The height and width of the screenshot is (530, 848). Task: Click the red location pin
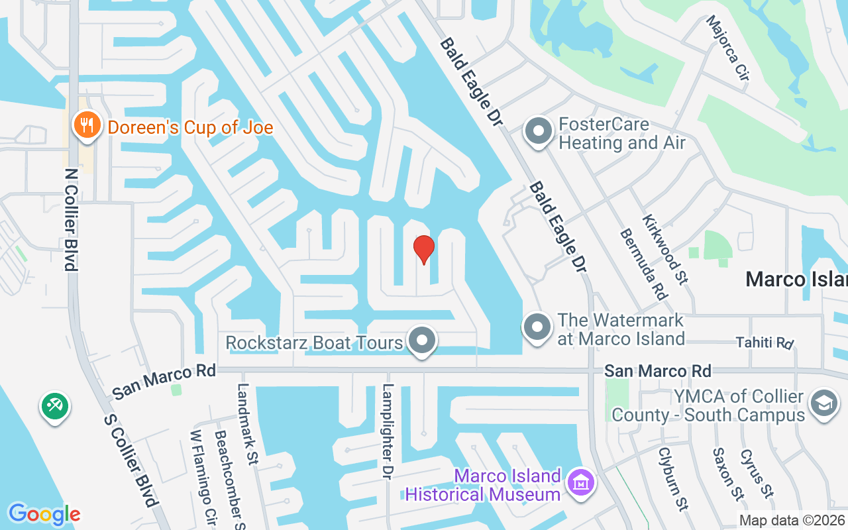tap(423, 249)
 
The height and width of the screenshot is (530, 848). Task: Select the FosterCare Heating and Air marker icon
tap(539, 131)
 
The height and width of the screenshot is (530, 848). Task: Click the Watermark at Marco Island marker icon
tap(538, 327)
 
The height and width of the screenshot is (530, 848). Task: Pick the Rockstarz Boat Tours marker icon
tap(421, 341)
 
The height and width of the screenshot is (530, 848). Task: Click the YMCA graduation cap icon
tap(824, 404)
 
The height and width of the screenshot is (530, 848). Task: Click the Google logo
tap(44, 514)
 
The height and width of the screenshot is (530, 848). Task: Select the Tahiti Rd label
tap(765, 343)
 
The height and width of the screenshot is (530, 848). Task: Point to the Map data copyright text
tap(792, 520)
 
